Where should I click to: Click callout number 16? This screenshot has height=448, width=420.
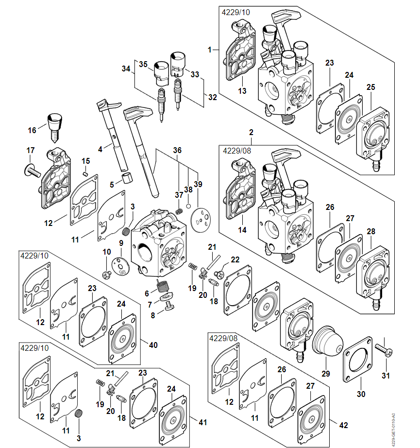[x=32, y=130]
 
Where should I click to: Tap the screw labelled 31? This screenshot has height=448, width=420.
[x=384, y=349]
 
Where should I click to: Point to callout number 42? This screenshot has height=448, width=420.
[x=343, y=425]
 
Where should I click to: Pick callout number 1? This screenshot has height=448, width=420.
[x=210, y=50]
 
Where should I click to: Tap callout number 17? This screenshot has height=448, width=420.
[x=30, y=151]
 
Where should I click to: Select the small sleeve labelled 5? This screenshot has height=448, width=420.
[x=127, y=177]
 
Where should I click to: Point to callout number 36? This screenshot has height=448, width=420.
[x=177, y=151]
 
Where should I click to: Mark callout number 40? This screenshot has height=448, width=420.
[x=153, y=345]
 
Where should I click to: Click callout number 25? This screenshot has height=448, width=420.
[x=371, y=87]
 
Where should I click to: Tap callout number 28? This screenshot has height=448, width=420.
[x=371, y=232]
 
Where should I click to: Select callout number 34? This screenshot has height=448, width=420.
[x=126, y=69]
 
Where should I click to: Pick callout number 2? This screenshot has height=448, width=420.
[x=251, y=132]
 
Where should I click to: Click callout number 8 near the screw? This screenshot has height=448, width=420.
[x=153, y=315]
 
